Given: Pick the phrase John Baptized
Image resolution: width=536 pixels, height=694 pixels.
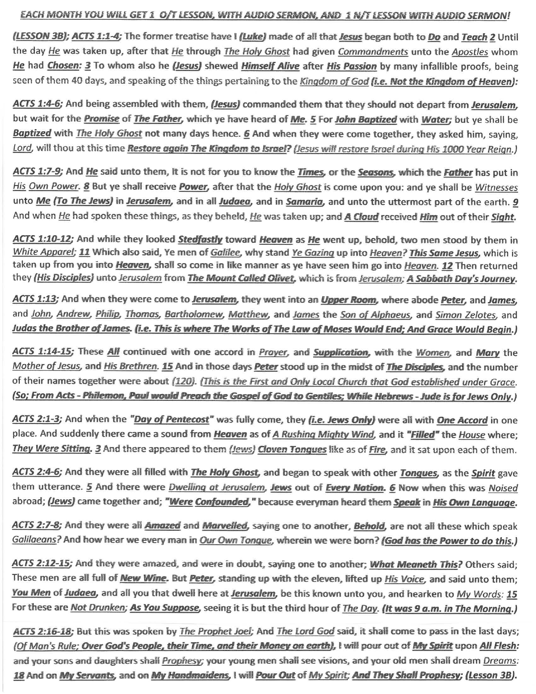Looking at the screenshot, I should tap(366, 119).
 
